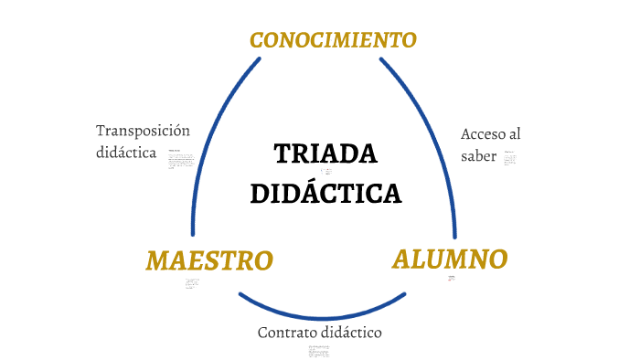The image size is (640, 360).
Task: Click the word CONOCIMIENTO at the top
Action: click(333, 40)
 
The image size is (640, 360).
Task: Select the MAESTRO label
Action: click(209, 260)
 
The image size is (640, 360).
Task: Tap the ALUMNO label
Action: click(450, 259)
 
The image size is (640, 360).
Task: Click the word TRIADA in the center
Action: click(325, 154)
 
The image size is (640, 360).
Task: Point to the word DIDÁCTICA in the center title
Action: click(325, 194)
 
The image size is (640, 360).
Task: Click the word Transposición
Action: click(143, 131)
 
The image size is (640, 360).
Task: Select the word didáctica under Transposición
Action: click(126, 153)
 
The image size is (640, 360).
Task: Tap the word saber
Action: click(479, 156)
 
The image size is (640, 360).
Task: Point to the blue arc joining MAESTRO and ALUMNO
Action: click(322, 312)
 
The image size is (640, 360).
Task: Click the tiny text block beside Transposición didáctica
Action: click(181, 160)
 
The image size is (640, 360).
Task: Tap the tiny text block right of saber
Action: click(510, 158)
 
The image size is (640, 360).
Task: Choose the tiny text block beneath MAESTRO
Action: click(191, 283)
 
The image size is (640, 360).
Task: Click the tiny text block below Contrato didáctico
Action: click(318, 350)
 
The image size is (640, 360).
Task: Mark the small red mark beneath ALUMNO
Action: click(451, 277)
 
